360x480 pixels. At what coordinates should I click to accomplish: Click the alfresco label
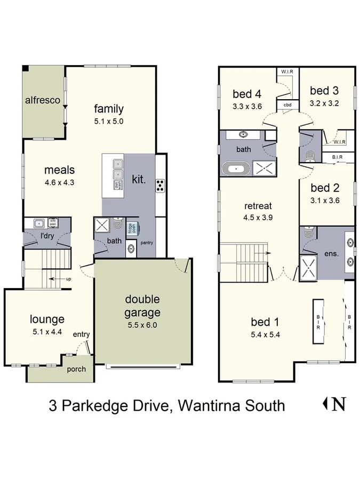coord(42,100)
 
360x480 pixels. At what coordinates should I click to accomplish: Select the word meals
coord(59,170)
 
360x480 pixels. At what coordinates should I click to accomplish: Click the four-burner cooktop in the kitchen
coord(160,186)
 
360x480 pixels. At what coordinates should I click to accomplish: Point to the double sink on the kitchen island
coord(117,168)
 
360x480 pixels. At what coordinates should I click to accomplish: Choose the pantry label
coord(147,243)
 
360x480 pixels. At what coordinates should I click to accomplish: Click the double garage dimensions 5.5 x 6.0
coord(142,324)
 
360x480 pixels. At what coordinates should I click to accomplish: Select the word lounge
coord(47,319)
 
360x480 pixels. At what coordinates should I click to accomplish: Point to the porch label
coord(75,369)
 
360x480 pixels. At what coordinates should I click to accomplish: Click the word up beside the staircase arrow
coord(69,279)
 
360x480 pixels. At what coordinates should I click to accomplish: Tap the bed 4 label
coord(247,94)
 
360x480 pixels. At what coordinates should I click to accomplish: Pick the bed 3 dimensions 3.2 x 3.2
coord(324,103)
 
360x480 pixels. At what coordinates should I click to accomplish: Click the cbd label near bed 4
coord(287,105)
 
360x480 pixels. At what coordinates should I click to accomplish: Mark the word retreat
coord(258,206)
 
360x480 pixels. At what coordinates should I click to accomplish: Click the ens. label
coord(331,254)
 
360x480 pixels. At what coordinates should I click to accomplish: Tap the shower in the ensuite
coord(308,267)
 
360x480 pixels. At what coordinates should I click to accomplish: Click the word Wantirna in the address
coord(210,405)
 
